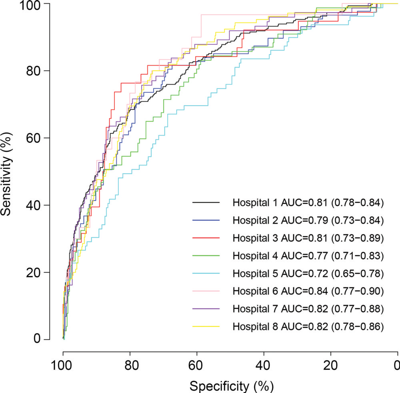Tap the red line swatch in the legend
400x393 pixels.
tap(206, 238)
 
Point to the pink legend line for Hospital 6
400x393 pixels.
tap(206, 291)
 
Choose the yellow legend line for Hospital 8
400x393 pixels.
tap(206, 327)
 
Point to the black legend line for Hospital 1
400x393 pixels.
tap(206, 203)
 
